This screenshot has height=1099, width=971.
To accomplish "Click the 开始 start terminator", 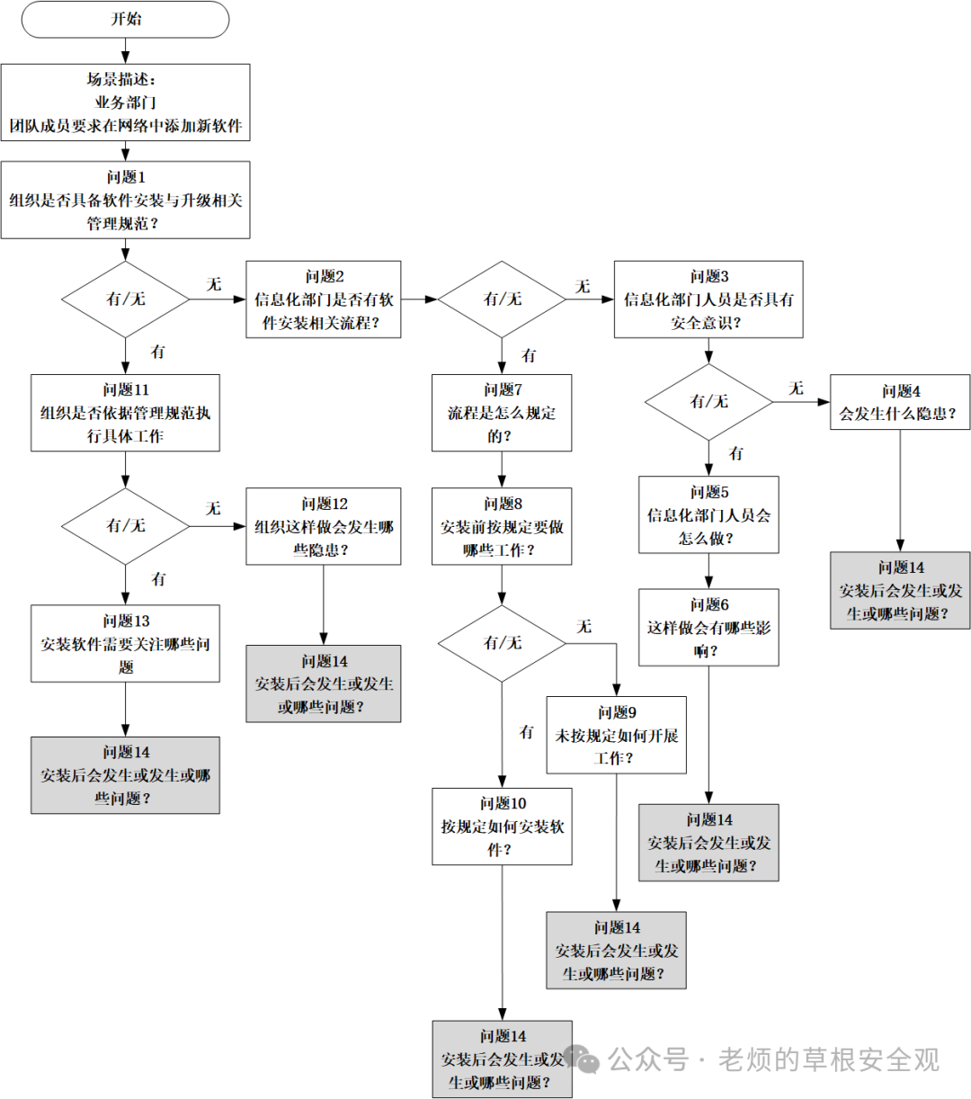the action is click(125, 19).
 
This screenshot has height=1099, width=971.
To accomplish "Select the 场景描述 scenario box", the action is click(125, 103).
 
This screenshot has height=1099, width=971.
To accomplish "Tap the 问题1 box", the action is click(125, 200).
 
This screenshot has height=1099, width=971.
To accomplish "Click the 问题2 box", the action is click(324, 299).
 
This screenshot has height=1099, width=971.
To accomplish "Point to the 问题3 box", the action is click(708, 299).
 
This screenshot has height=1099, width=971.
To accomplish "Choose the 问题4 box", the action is click(900, 402).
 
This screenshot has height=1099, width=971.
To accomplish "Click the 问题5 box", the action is click(708, 514).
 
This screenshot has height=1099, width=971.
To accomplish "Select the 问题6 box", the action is click(708, 628).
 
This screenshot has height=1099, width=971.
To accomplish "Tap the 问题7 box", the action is click(502, 413).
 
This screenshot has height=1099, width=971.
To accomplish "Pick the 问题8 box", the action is click(502, 526).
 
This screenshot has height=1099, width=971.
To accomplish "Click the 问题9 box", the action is click(616, 735).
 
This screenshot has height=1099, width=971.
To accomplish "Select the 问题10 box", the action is click(502, 826).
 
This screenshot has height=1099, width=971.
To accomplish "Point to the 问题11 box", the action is click(125, 413).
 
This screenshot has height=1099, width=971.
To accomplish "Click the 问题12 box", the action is click(324, 526).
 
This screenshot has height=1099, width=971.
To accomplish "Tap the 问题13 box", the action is click(125, 643).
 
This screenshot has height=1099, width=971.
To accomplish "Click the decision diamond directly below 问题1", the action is click(125, 299).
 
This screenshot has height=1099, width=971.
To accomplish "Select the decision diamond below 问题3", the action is click(708, 402).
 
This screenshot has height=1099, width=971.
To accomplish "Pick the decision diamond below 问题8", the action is click(502, 643).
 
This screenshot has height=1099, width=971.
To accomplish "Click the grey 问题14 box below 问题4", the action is click(900, 591).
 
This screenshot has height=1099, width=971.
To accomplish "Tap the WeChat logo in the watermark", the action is click(581, 1059).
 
